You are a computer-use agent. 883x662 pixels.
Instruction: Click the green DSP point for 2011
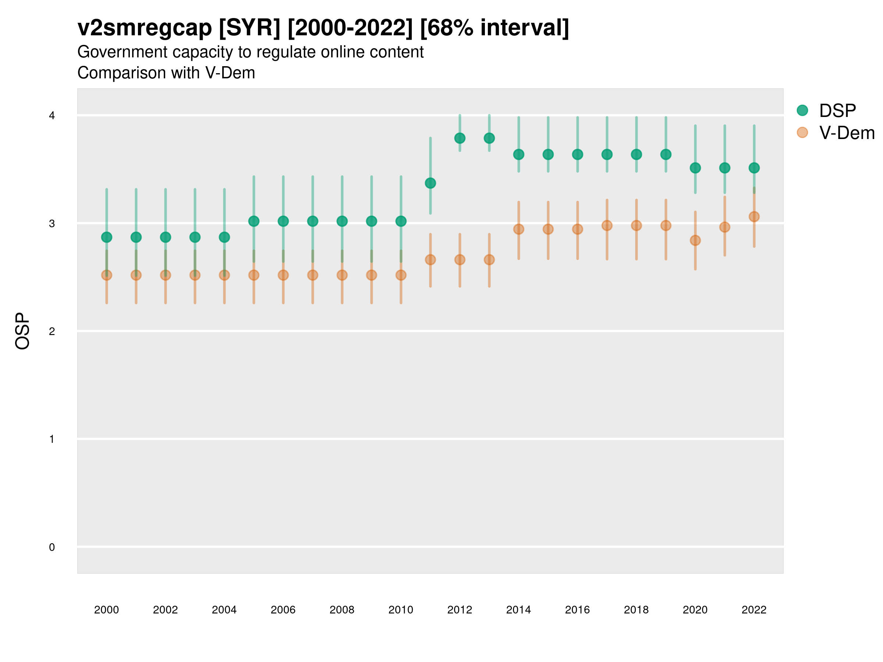tap(430, 183)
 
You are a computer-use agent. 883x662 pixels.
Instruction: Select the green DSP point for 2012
tap(460, 138)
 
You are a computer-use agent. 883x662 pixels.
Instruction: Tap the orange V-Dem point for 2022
tap(754, 217)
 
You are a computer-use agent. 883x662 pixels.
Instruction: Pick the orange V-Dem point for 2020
tap(695, 240)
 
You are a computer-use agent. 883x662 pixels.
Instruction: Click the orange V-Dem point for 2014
tap(518, 229)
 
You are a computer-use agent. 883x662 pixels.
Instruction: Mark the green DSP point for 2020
tap(695, 168)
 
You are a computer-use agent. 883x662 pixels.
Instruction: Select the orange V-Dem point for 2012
tap(460, 260)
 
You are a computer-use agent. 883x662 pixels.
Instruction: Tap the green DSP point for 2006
tap(283, 221)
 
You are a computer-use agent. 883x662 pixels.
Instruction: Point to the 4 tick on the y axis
tap(52, 116)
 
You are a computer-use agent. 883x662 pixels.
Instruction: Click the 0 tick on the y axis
tap(52, 547)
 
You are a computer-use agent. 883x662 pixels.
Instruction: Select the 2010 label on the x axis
tap(401, 610)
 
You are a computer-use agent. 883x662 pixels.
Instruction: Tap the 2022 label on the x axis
tap(754, 610)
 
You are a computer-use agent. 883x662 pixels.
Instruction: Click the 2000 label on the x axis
tap(107, 610)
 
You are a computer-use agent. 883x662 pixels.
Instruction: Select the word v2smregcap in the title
tap(145, 28)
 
